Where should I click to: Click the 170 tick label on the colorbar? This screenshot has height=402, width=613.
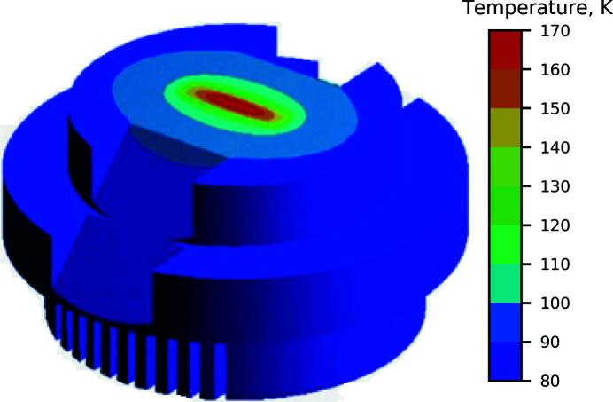(555, 31)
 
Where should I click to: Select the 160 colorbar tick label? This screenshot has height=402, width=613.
(555, 70)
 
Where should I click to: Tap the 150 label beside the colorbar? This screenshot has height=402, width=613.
(555, 108)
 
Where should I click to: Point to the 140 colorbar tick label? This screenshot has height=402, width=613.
(555, 147)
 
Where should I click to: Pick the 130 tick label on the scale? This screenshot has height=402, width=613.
(555, 186)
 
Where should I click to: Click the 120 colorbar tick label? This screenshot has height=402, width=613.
(555, 225)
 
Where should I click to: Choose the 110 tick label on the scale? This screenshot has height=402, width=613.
(555, 264)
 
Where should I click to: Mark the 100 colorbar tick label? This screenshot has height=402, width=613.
(555, 303)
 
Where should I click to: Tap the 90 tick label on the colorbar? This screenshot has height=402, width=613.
(550, 342)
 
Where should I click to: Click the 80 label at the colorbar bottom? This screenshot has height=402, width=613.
(550, 381)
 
